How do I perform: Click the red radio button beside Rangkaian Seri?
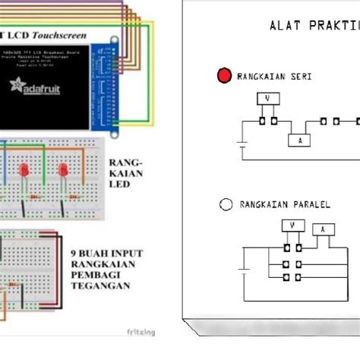coord(223,76)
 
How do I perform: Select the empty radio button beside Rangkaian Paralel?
coord(225,204)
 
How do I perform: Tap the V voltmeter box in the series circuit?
coord(267,98)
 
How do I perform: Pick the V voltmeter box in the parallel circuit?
coord(292,225)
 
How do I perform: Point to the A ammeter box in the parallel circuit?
coord(324,229)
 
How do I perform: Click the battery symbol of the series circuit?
coord(242,142)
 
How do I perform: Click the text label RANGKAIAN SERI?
coord(274,77)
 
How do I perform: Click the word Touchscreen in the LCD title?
coord(75,34)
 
